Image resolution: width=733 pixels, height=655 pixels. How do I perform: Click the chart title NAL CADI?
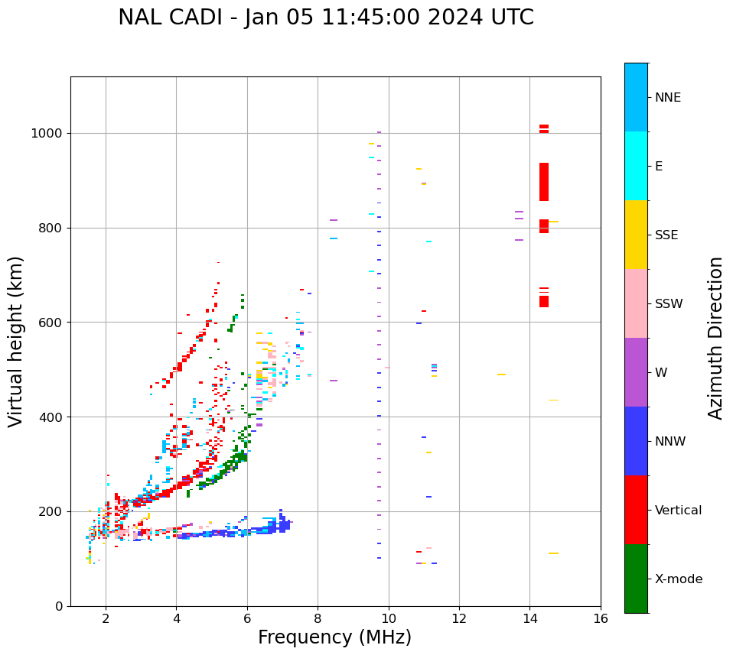click(x=326, y=18)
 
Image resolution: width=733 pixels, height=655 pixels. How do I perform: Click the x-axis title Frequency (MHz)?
click(x=334, y=637)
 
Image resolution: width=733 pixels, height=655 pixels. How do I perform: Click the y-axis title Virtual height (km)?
click(x=16, y=341)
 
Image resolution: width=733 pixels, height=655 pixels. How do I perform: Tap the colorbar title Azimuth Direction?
click(x=715, y=337)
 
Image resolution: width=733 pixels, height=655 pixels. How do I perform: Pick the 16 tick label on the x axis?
click(x=600, y=618)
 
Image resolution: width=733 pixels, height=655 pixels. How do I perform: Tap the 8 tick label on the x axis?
click(x=318, y=618)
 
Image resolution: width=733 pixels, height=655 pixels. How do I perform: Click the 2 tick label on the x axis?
click(x=106, y=618)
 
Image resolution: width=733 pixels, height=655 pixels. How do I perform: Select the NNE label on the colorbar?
click(x=667, y=98)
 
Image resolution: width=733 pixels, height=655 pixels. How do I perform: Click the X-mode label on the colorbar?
click(x=678, y=579)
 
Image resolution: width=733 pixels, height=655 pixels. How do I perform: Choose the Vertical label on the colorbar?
click(x=678, y=511)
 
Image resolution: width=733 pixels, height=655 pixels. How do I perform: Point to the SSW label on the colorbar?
click(x=669, y=304)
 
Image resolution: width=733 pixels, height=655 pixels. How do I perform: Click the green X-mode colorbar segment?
click(x=636, y=579)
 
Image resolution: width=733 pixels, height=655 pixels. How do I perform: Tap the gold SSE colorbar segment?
click(x=636, y=235)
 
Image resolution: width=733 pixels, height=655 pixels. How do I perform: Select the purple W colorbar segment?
click(x=636, y=372)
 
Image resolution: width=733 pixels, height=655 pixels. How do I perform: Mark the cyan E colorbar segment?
click(x=636, y=166)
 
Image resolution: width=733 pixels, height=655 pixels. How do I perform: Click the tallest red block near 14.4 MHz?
click(x=544, y=182)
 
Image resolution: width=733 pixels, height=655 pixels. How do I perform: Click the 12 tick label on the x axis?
click(x=459, y=618)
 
